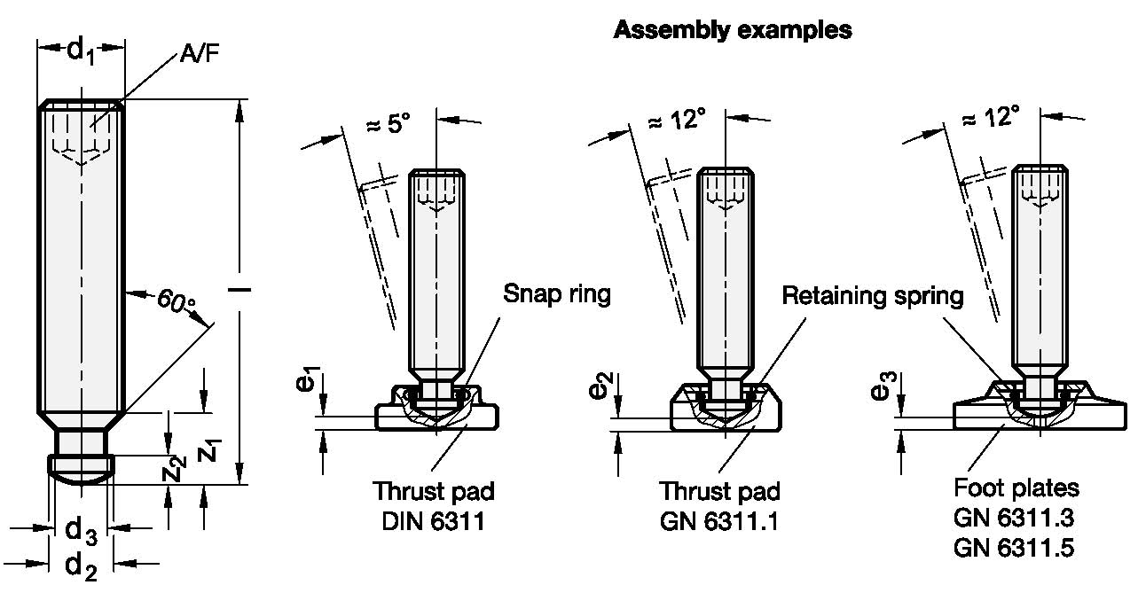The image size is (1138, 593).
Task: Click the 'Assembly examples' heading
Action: click(733, 30)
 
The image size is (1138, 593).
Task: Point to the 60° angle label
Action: click(177, 301)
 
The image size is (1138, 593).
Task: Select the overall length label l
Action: click(240, 290)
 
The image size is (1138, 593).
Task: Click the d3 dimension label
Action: click(81, 531)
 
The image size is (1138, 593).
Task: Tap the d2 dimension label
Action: click(81, 564)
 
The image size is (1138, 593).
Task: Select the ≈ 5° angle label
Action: click(388, 122)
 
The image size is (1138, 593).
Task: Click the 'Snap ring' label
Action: click(557, 294)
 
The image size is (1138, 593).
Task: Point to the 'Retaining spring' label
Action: click(872, 296)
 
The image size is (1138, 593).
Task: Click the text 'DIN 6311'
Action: click(433, 520)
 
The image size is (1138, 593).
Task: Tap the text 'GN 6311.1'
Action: click(719, 520)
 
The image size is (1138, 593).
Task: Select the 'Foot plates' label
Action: click(1016, 488)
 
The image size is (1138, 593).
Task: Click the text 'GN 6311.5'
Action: click(1014, 549)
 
